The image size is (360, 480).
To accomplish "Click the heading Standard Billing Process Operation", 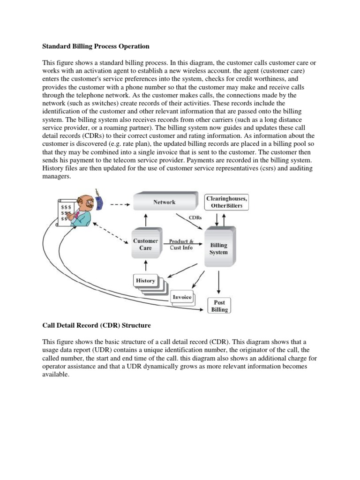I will click(x=96, y=46).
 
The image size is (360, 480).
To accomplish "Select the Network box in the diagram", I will click(x=164, y=202).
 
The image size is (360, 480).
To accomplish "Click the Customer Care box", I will click(x=145, y=244).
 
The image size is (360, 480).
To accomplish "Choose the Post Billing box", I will click(x=219, y=306).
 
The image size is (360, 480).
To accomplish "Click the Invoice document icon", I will click(x=182, y=298).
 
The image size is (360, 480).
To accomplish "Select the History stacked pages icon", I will click(x=146, y=281).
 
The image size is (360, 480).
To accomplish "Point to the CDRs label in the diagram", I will click(x=195, y=217).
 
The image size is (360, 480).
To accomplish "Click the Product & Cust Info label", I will click(x=181, y=244).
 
